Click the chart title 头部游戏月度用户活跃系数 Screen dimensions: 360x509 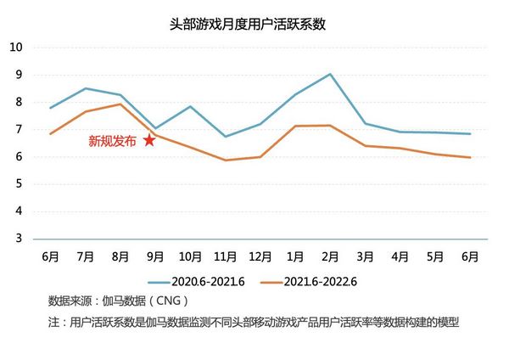click(255, 25)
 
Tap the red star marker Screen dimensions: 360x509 click(149, 140)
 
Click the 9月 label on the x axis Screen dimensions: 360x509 click(155, 255)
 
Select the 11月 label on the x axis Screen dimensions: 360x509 click(225, 255)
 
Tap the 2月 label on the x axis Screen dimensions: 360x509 click(330, 255)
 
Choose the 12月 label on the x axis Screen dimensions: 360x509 click(260, 255)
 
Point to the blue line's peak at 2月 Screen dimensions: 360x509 click(330, 74)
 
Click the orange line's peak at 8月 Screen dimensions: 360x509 click(120, 104)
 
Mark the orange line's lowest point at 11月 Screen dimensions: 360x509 click(225, 160)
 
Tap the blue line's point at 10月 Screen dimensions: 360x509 click(190, 106)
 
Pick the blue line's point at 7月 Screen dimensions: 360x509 click(85, 88)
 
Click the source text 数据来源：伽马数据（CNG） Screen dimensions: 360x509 click(118, 301)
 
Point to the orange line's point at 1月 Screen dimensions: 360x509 click(295, 126)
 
